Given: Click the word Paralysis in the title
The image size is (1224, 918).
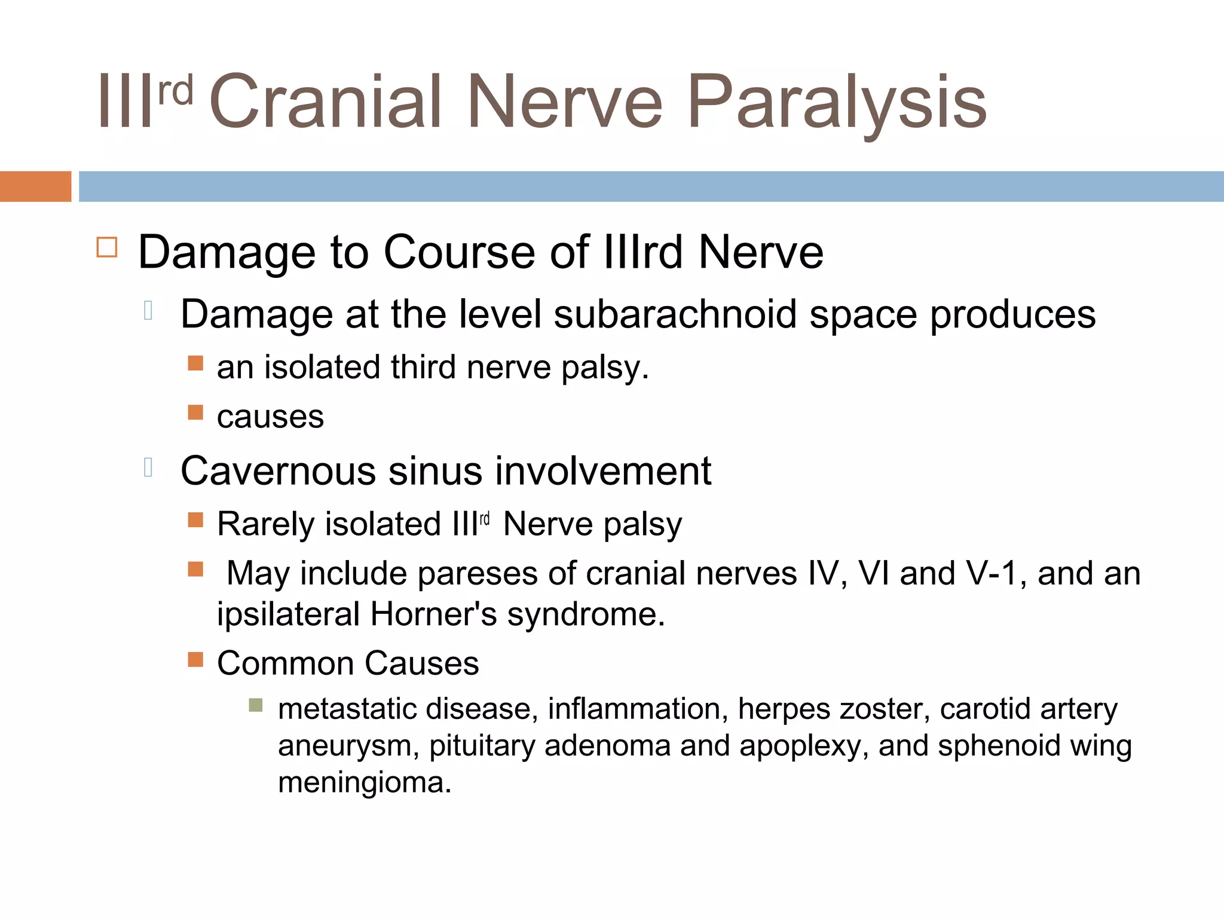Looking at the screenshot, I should point(837,103).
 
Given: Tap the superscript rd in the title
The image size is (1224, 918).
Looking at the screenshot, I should point(176,91).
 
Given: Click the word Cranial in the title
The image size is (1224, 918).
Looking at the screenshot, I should point(326,103).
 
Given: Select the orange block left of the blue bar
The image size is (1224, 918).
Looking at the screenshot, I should point(35,186).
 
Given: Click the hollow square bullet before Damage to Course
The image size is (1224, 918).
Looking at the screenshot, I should point(107,247).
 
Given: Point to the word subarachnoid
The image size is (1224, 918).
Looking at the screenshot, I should point(675,314).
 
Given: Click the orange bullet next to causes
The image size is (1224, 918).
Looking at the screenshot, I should point(195,412).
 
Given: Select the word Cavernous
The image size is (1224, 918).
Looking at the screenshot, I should point(279,471).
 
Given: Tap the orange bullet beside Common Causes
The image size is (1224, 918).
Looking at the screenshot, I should point(195,660).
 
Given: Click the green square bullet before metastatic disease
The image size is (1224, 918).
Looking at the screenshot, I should point(256,705).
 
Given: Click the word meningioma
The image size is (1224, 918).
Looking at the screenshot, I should point(364,783).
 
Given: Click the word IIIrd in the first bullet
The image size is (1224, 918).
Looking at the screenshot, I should point(643,252).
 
